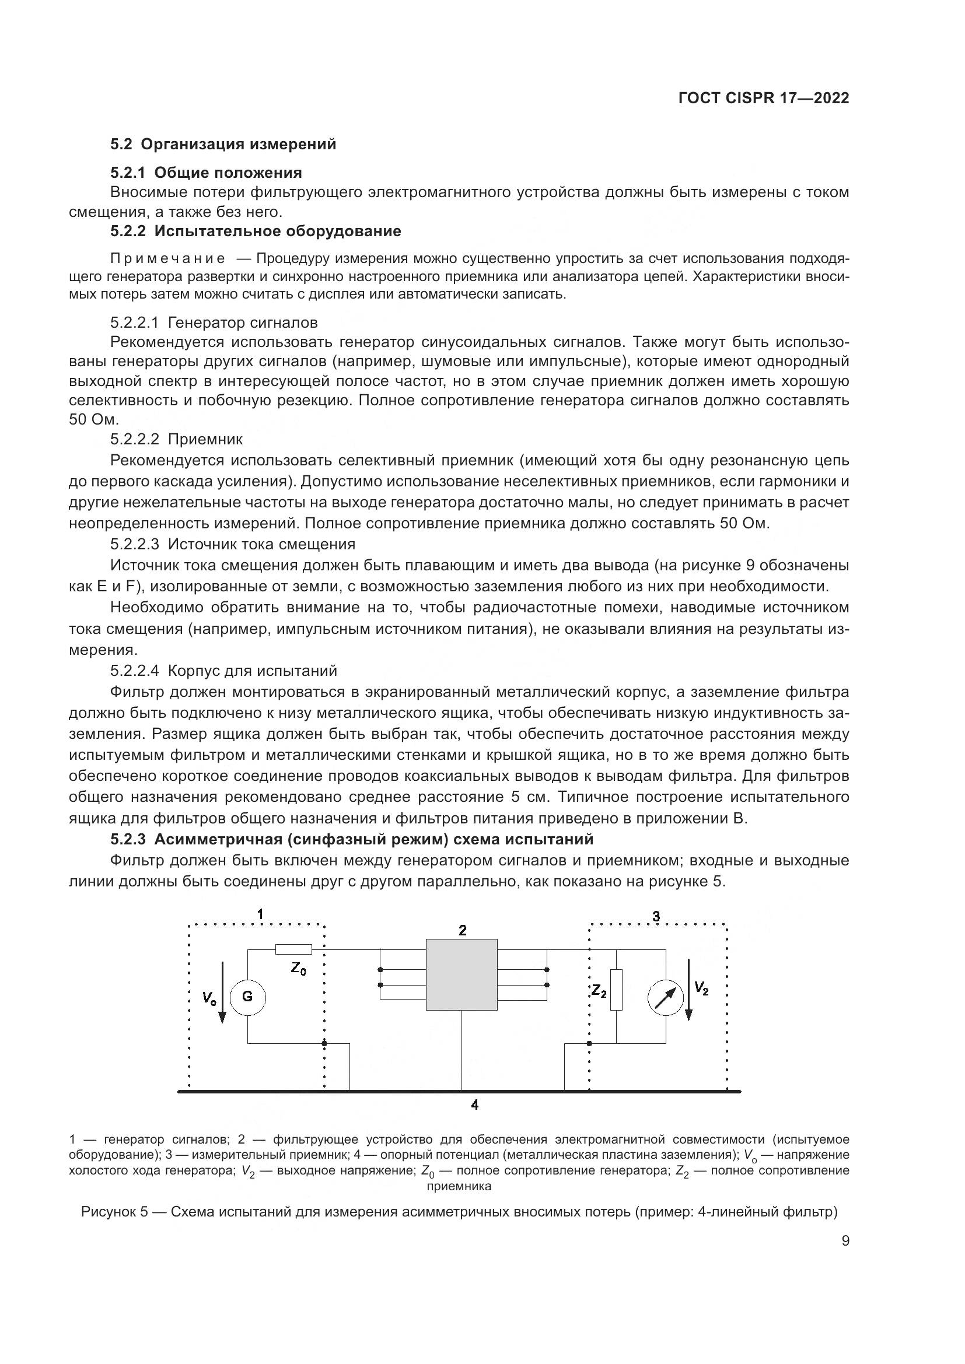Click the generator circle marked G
click(x=247, y=997)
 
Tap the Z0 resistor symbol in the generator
click(x=293, y=949)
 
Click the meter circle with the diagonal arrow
click(x=666, y=997)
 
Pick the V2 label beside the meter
click(x=702, y=988)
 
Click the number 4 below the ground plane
click(x=475, y=1105)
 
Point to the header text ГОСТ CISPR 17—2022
click(x=764, y=99)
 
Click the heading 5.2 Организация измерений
click(x=223, y=145)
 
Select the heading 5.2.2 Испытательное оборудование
click(x=256, y=231)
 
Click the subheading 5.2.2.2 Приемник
click(x=176, y=440)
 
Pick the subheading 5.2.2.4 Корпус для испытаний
click(x=223, y=671)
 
